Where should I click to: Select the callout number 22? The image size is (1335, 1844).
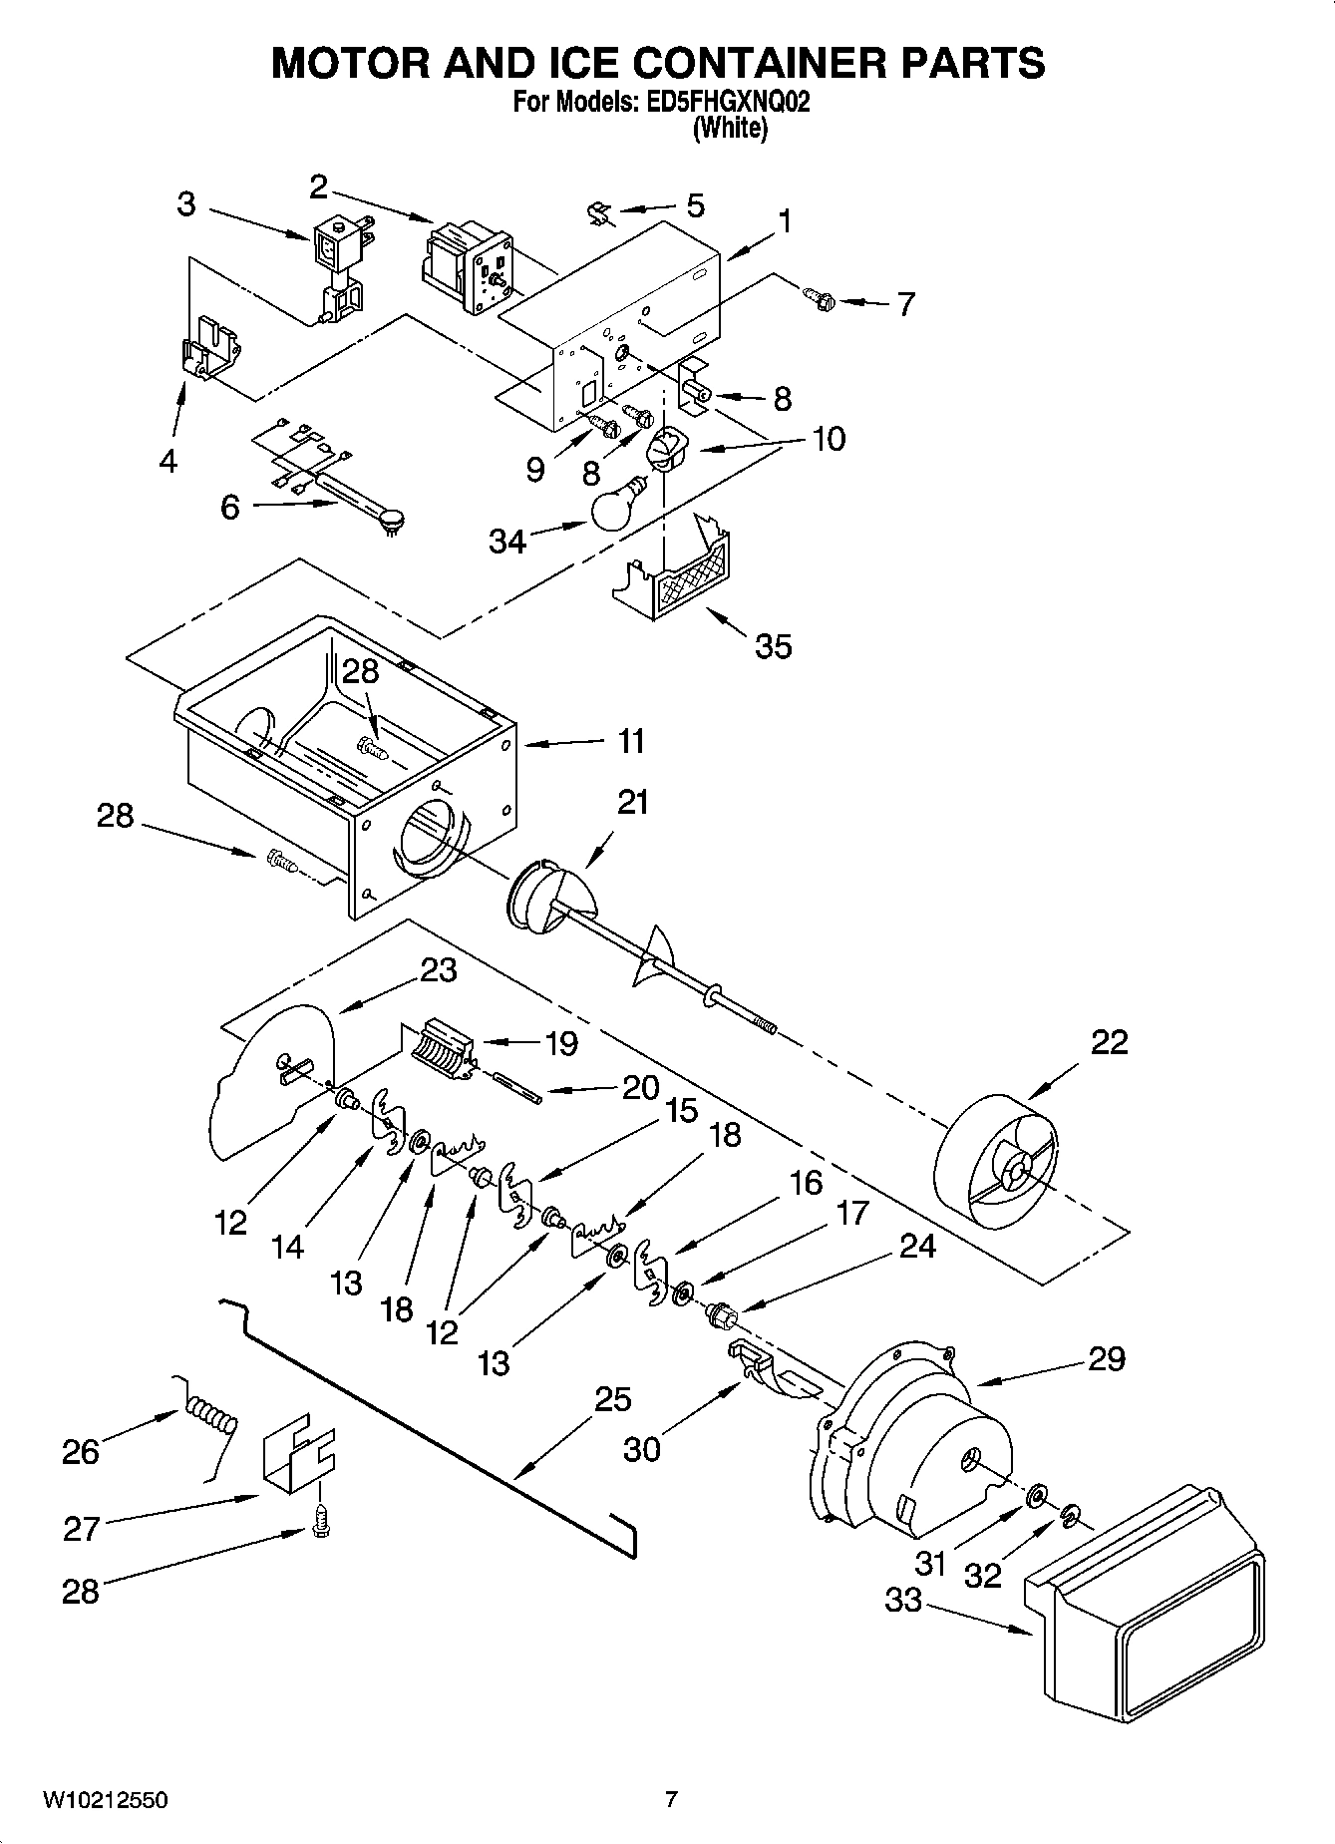1109,1042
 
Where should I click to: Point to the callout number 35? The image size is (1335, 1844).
773,646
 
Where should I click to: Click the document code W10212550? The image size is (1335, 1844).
104,1800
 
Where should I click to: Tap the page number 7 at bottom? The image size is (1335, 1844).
671,1800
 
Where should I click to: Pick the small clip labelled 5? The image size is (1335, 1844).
599,212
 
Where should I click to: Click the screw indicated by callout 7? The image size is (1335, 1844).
818,296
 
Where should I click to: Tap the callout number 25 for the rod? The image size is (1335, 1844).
612,1399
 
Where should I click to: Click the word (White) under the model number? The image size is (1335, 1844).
730,128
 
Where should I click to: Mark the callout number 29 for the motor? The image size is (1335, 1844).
1106,1358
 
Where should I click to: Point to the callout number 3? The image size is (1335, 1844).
186,204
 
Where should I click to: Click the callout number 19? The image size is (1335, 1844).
561,1043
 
